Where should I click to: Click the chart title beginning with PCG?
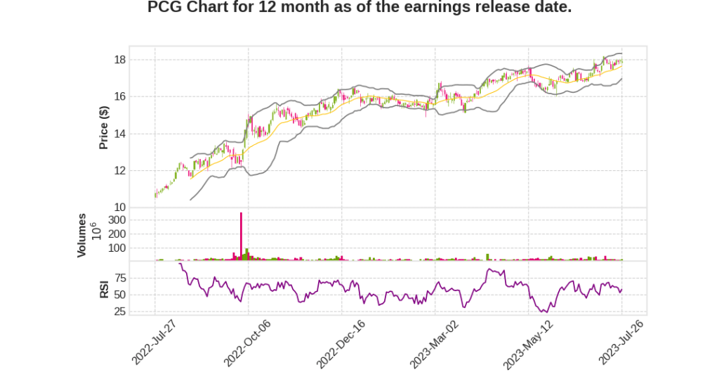click(359, 8)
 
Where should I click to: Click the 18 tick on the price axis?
click(120, 60)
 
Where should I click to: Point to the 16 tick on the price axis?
click(120, 96)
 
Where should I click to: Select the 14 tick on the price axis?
click(120, 134)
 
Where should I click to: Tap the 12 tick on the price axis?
click(120, 170)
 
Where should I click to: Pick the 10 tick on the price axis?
click(120, 207)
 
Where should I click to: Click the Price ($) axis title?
click(103, 127)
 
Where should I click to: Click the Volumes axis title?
click(82, 235)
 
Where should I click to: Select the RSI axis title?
click(103, 288)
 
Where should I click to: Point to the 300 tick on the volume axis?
click(117, 220)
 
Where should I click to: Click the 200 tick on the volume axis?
click(117, 234)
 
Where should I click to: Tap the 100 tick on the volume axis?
click(117, 248)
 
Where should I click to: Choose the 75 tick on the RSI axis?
click(120, 278)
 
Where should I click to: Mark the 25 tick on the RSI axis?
click(120, 312)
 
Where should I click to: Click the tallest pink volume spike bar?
click(241, 236)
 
